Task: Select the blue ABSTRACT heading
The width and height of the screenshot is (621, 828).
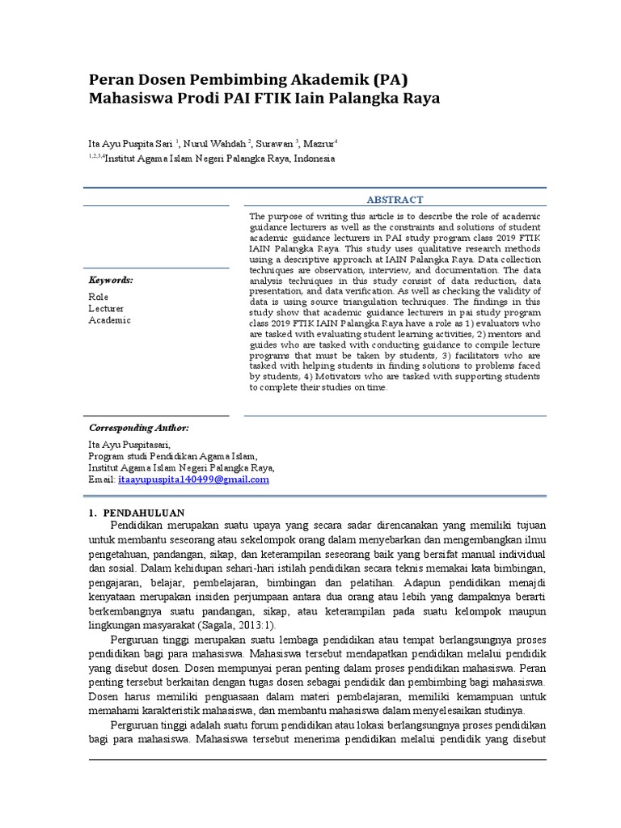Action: pos(395,199)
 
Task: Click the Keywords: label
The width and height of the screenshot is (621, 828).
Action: pos(111,280)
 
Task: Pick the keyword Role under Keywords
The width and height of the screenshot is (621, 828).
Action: pos(98,297)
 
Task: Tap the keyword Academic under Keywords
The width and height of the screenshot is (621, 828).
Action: pos(108,320)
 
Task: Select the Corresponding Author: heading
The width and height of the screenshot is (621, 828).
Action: pos(137,427)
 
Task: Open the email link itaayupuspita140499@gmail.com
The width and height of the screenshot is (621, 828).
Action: pos(193,479)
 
